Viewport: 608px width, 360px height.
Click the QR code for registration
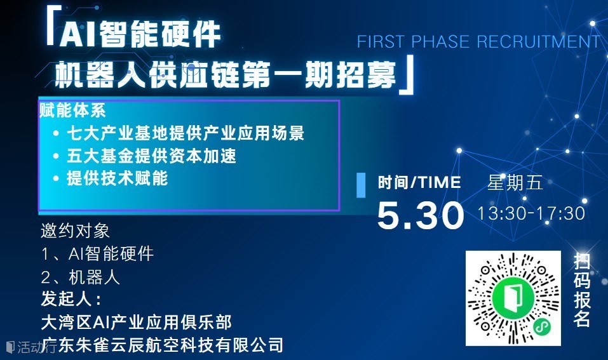(513, 298)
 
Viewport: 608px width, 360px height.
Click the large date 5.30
(421, 215)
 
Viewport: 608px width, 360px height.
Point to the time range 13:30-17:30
(531, 213)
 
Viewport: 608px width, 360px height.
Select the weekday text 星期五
(515, 182)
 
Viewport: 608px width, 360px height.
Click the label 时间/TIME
(419, 182)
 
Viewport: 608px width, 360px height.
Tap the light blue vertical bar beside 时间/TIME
(361, 185)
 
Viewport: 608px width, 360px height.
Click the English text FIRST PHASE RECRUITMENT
(478, 41)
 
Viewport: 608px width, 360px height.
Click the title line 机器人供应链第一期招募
(226, 74)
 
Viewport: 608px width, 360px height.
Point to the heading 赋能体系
(72, 111)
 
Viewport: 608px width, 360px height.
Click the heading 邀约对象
(75, 231)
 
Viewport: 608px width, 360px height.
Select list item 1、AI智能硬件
(97, 254)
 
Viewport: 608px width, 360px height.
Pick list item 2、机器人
(80, 277)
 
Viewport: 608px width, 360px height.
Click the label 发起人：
(71, 299)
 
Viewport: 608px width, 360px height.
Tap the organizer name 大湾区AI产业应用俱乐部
(137, 322)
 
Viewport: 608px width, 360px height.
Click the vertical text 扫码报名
(582, 290)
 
